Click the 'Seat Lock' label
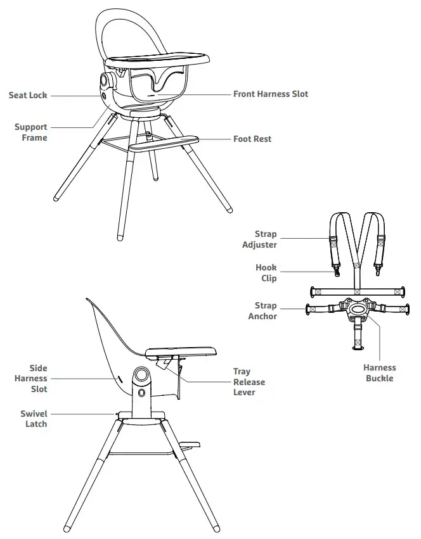[27, 96]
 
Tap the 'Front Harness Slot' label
[270, 94]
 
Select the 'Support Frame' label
[30, 132]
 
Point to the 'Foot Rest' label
[252, 139]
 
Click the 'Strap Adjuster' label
[259, 239]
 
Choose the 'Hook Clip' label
[266, 273]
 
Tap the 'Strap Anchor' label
[262, 311]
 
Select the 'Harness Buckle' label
[379, 373]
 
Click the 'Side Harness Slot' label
[31, 378]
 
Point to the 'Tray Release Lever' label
[249, 382]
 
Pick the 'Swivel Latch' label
[34, 419]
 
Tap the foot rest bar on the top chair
[164, 143]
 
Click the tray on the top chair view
[159, 61]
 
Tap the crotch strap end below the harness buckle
[358, 341]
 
